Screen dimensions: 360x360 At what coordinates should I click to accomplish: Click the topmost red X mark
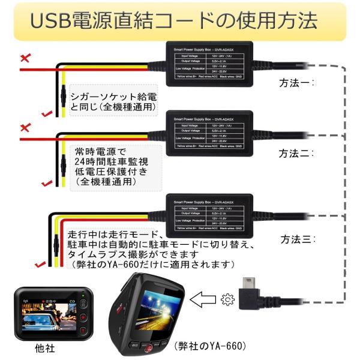point(25,58)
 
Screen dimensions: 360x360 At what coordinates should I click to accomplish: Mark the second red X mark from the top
point(25,128)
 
